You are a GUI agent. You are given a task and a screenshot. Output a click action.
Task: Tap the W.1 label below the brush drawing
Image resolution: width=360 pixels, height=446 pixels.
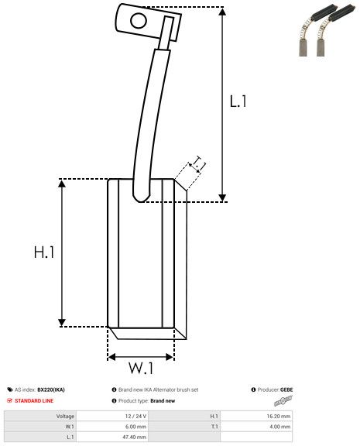coord(140,368)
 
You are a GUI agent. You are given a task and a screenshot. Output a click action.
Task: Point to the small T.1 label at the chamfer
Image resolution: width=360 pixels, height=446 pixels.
coord(198,163)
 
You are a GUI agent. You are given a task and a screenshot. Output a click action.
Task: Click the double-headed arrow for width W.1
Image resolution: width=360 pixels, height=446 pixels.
coord(141,356)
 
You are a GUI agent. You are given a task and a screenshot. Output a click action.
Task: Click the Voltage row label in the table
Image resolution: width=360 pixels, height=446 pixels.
coord(65,416)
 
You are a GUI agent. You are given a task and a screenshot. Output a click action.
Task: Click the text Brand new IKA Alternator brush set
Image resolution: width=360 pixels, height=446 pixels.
coord(158,389)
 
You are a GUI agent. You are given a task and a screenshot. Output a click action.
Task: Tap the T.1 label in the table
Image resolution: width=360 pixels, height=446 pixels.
coord(214,427)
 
